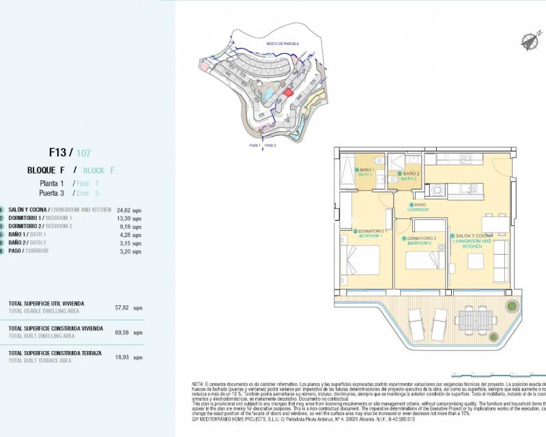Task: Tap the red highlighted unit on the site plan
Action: click(288, 93)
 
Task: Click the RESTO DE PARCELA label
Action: click(277, 42)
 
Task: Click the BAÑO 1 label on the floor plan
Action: click(367, 171)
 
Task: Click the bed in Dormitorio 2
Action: click(425, 261)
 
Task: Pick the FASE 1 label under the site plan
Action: click(255, 145)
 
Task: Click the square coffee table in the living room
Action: click(473, 260)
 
